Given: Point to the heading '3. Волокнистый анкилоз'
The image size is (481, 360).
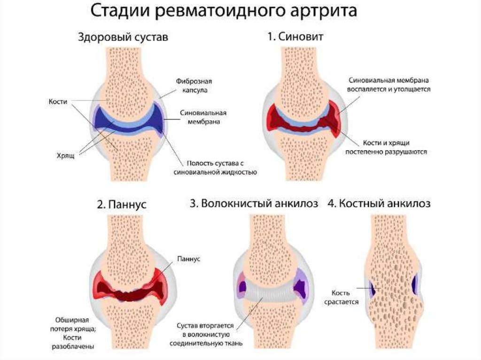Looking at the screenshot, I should (254, 204).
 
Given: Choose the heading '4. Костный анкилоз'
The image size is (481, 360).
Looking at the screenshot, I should (385, 204).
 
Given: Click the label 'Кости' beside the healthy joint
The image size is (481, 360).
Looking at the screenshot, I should (58, 101).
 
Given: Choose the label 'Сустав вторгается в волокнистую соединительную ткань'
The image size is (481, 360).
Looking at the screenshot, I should (210, 334).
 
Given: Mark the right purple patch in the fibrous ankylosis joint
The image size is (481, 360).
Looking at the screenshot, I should (299, 286).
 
